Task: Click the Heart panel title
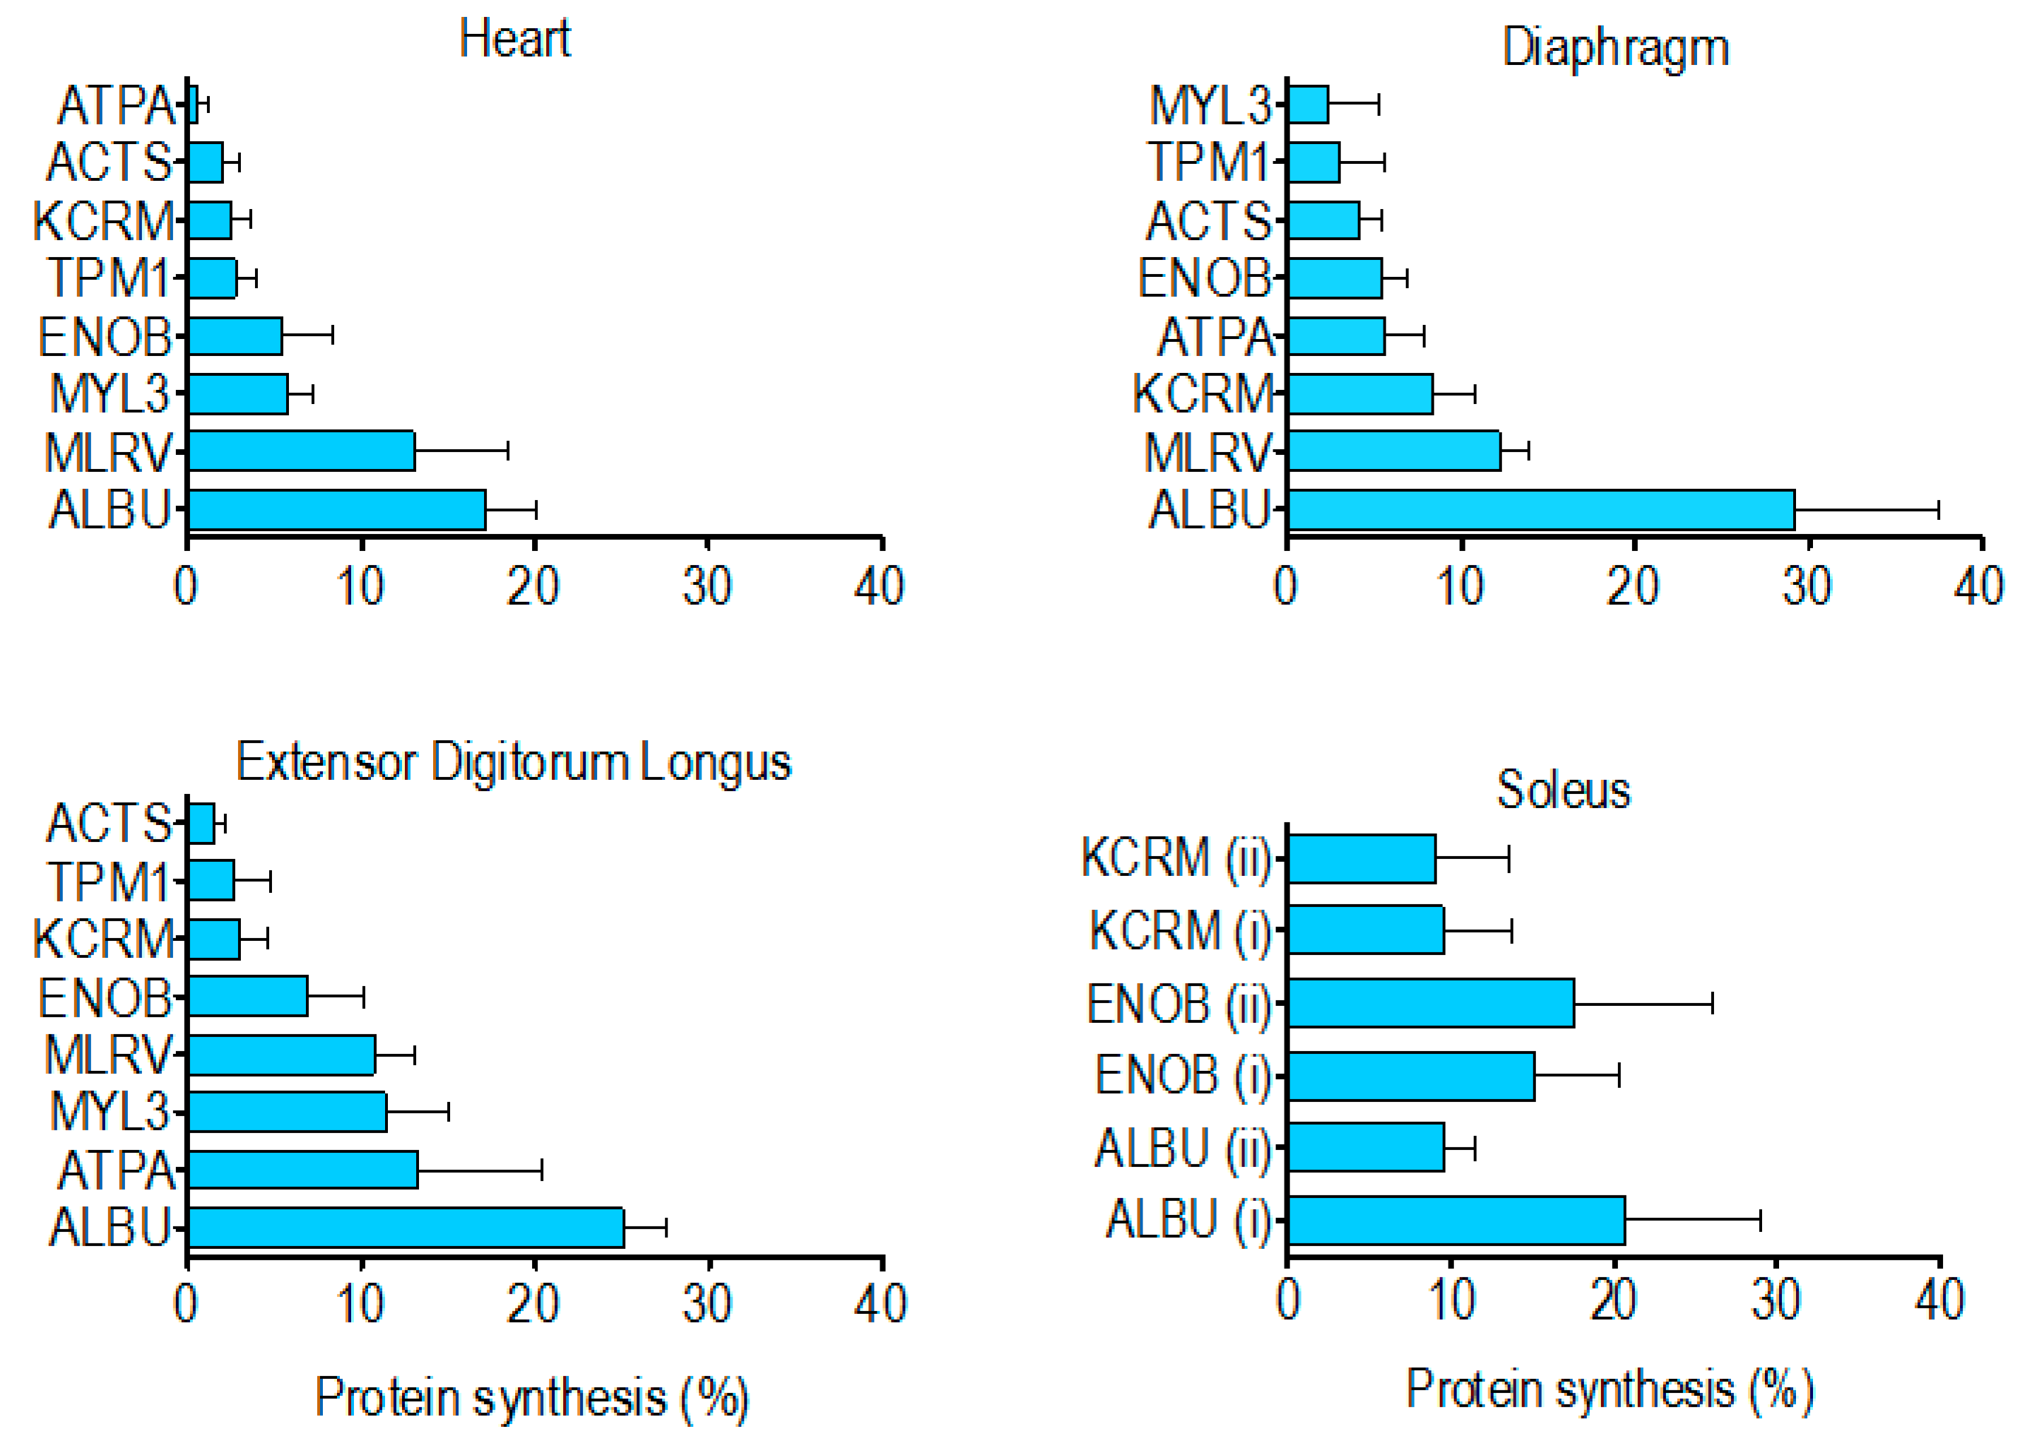click(x=515, y=40)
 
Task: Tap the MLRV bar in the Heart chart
click(x=301, y=451)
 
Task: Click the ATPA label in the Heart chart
click(x=116, y=105)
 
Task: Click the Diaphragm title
click(x=1614, y=48)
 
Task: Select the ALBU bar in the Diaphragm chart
click(x=1541, y=509)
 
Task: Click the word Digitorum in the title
click(x=531, y=762)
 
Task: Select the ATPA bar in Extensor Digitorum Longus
click(x=303, y=1169)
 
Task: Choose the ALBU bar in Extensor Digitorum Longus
click(x=406, y=1228)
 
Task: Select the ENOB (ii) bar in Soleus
click(x=1431, y=1003)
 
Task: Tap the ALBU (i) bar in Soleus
click(x=1456, y=1221)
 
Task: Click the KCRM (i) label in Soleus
click(x=1179, y=931)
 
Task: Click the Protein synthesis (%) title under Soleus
click(x=1609, y=1389)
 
